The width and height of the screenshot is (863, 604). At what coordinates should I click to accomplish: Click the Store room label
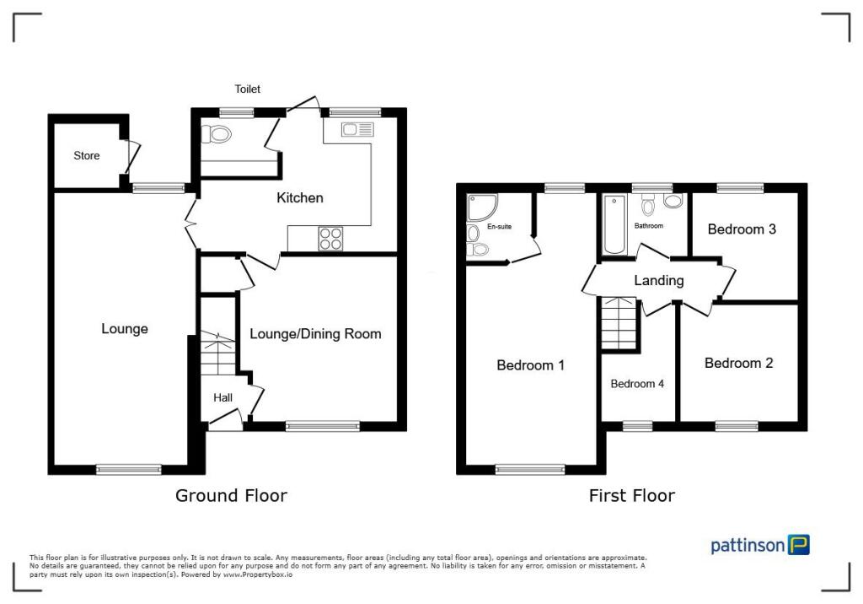click(86, 156)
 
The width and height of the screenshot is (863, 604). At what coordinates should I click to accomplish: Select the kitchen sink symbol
click(357, 129)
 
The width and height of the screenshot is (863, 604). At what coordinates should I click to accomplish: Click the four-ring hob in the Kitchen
click(330, 239)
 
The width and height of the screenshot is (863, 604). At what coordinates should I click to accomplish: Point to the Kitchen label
click(300, 198)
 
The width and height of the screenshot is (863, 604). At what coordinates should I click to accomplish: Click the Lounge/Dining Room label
click(315, 334)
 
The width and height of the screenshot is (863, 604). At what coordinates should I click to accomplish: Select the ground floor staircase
click(217, 353)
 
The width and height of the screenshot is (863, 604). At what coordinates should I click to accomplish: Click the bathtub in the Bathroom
click(614, 224)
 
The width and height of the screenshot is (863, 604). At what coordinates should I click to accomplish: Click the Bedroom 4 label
click(637, 384)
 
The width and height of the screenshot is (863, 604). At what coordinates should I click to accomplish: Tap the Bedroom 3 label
click(742, 229)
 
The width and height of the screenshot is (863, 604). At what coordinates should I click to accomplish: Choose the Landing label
click(658, 281)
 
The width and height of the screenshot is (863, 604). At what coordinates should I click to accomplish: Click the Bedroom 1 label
click(530, 365)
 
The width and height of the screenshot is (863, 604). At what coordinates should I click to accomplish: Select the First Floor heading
click(631, 496)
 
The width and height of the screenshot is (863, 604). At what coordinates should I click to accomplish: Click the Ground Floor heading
click(231, 496)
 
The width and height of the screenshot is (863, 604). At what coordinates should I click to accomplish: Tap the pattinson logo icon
click(798, 545)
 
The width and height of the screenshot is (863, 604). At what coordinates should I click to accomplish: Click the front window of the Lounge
click(128, 469)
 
